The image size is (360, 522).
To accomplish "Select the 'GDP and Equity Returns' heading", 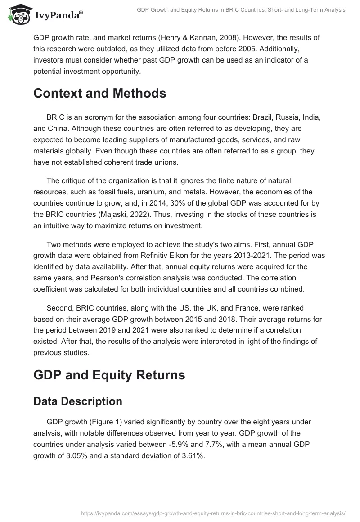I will (x=109, y=375).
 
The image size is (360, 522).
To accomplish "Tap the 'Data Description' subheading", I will (x=77, y=401).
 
